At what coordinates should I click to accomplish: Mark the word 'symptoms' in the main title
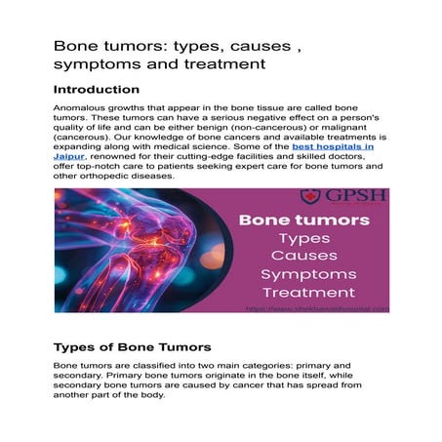pos(94,64)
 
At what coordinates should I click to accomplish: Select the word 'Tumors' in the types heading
pos(184,347)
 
